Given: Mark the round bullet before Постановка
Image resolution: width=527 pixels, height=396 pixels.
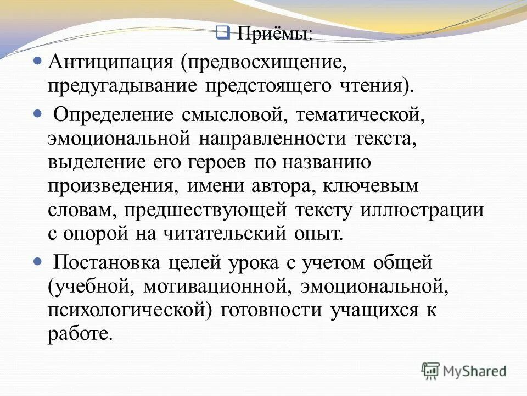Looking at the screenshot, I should click(38, 260).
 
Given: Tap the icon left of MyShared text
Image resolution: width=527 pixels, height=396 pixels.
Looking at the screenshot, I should click(430, 370).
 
